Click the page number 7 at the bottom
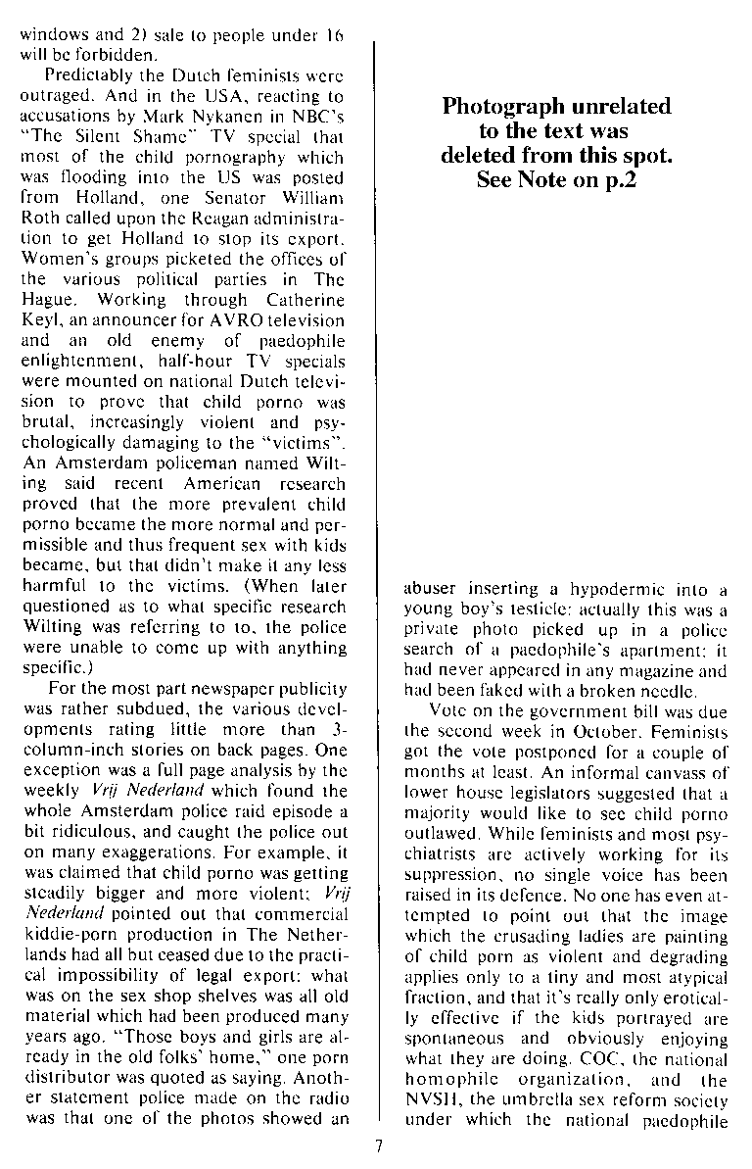coord(376,1147)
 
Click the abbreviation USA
coord(209,95)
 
